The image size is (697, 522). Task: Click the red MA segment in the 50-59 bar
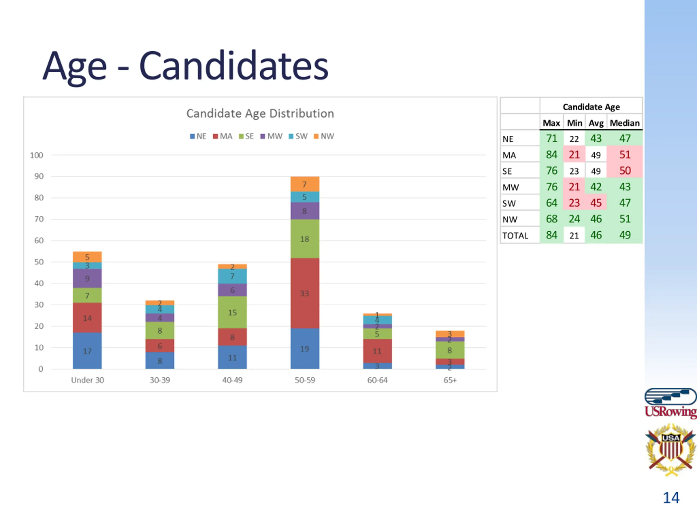pyautogui.click(x=305, y=293)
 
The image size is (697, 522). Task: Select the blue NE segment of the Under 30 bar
pyautogui.click(x=87, y=350)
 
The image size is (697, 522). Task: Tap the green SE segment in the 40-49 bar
pyautogui.click(x=232, y=312)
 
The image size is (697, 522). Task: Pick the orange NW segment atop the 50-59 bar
pyautogui.click(x=305, y=184)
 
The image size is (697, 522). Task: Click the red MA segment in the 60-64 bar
pyautogui.click(x=377, y=351)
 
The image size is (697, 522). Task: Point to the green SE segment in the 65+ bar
pyautogui.click(x=450, y=350)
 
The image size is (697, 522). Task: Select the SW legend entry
pyautogui.click(x=298, y=136)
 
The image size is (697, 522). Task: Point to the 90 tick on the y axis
pyautogui.click(x=39, y=176)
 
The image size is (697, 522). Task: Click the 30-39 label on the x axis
pyautogui.click(x=160, y=380)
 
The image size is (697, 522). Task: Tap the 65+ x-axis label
pyautogui.click(x=450, y=380)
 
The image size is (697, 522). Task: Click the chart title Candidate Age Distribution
pyautogui.click(x=260, y=113)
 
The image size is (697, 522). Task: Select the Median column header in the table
pyautogui.click(x=625, y=123)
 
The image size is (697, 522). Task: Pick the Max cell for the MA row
pyautogui.click(x=551, y=154)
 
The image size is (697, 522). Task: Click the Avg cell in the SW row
pyautogui.click(x=596, y=203)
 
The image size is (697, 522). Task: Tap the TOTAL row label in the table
pyautogui.click(x=515, y=235)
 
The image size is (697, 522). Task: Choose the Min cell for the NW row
pyautogui.click(x=574, y=219)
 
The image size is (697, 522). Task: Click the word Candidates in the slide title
pyautogui.click(x=234, y=66)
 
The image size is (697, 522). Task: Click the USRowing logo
pyautogui.click(x=670, y=403)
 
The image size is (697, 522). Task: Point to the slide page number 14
pyautogui.click(x=671, y=498)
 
